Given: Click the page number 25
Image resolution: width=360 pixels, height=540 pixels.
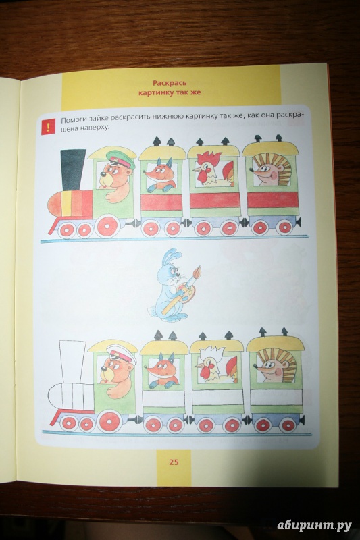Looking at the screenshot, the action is [174, 462].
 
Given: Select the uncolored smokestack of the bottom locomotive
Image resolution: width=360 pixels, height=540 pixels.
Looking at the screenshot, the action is [72, 361].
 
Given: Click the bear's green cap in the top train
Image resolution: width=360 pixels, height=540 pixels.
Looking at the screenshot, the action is [121, 159].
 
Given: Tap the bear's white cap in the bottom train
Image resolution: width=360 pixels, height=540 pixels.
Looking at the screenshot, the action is [122, 354].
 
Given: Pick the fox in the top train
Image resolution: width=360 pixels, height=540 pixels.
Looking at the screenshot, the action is [160, 175].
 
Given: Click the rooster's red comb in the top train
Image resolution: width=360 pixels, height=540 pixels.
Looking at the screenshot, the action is [209, 159].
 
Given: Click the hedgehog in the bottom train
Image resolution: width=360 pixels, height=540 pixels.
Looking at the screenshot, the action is [276, 365].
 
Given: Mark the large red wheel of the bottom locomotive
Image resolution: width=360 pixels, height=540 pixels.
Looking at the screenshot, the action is [109, 421].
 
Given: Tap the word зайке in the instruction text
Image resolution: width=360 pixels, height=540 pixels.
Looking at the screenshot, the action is [93, 120].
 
